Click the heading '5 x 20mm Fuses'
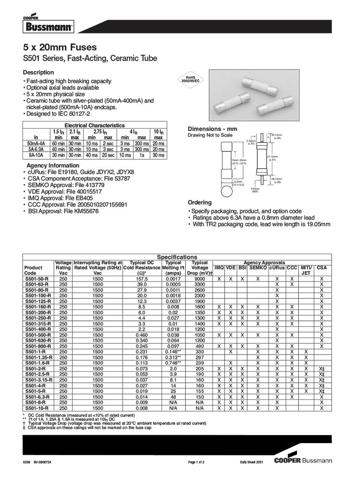pos(60,47)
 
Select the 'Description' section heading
pos(39,72)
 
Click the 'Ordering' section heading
pos(200,202)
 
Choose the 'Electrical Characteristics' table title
pos(95,126)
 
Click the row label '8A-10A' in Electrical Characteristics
pos(36,155)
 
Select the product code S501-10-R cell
pos(38,408)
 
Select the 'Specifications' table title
pos(177,257)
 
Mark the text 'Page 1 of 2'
pos(196,463)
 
